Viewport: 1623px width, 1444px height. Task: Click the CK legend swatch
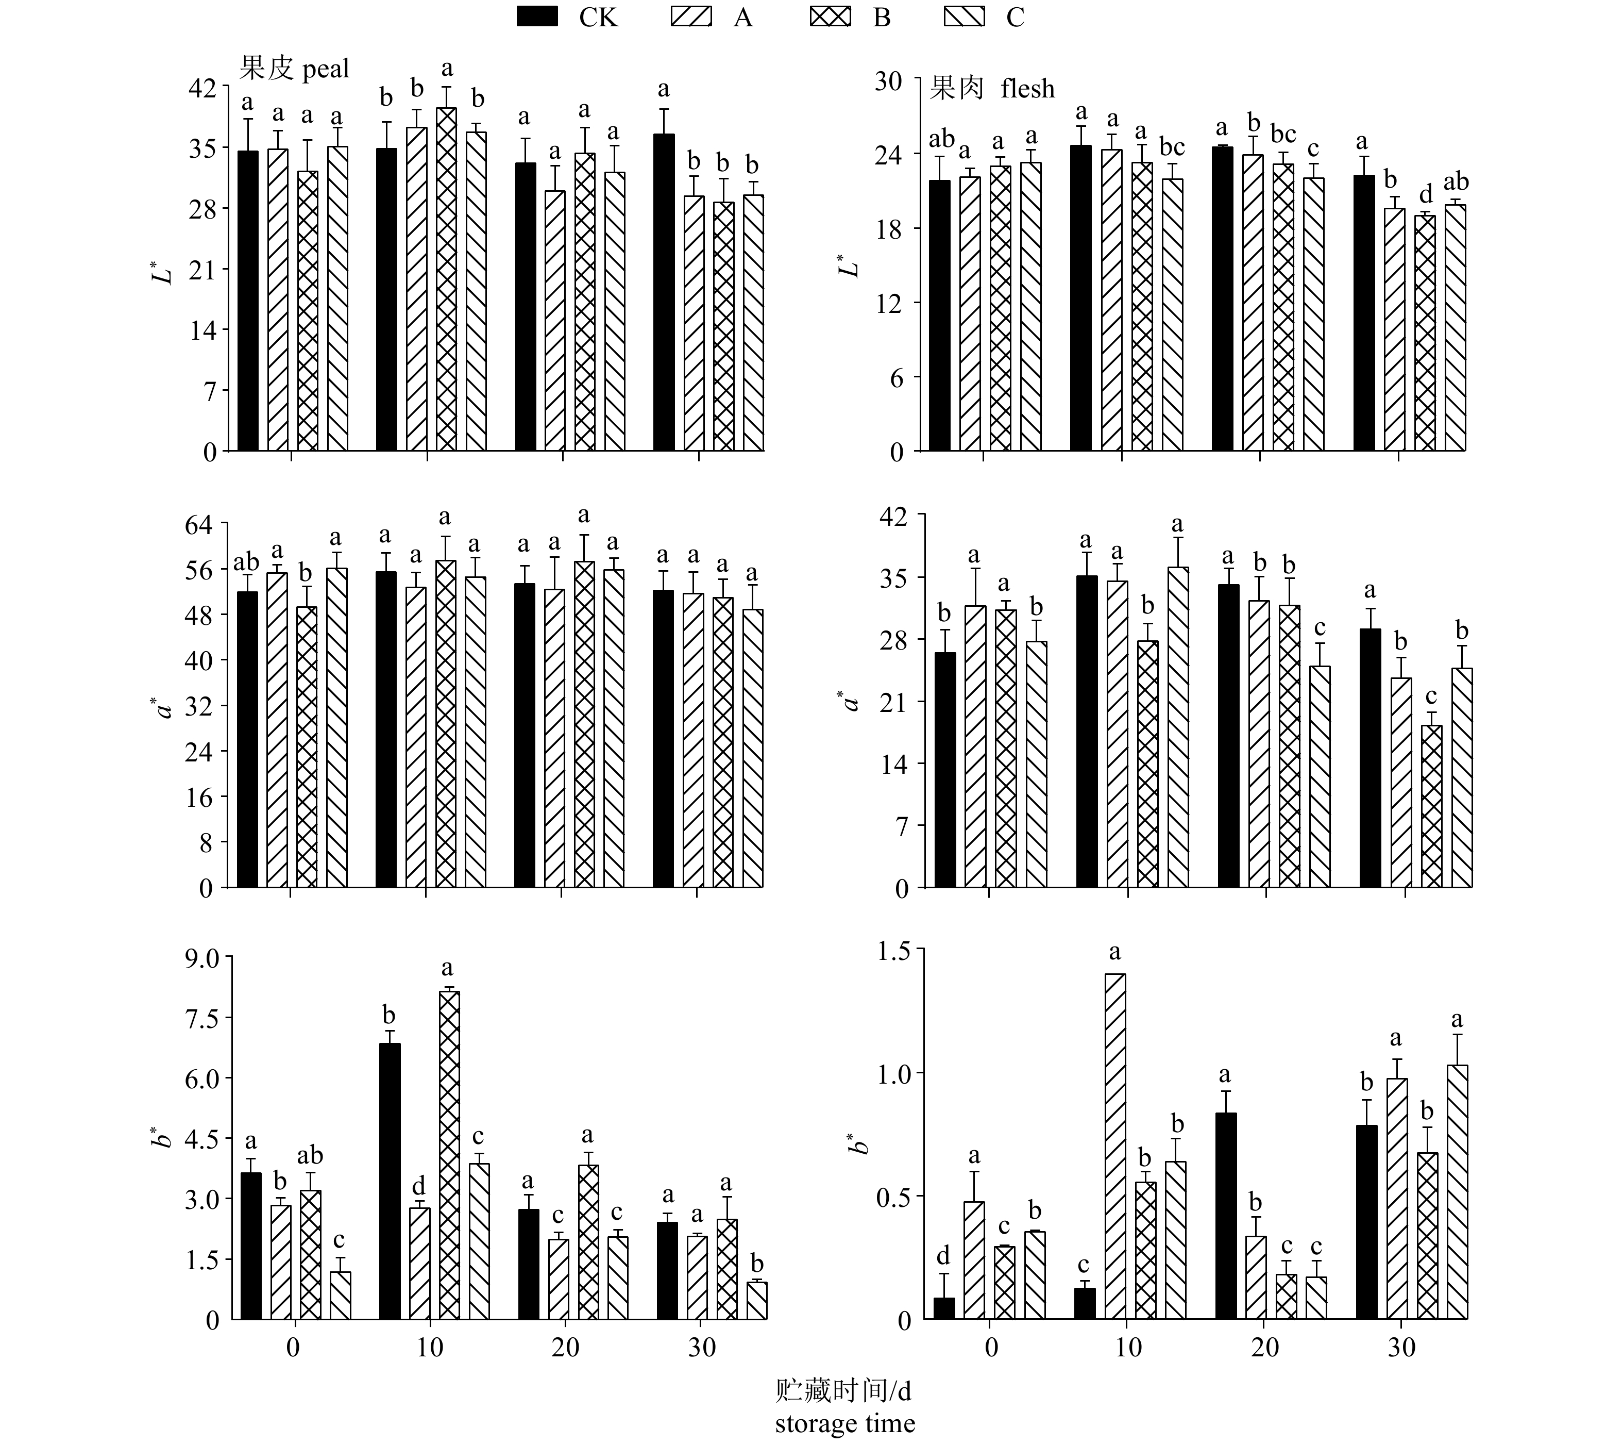537,16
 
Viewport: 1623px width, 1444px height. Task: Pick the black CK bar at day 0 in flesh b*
944,1308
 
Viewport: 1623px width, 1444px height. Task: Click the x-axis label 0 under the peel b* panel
294,1348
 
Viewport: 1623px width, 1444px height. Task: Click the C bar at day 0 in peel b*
341,1296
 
